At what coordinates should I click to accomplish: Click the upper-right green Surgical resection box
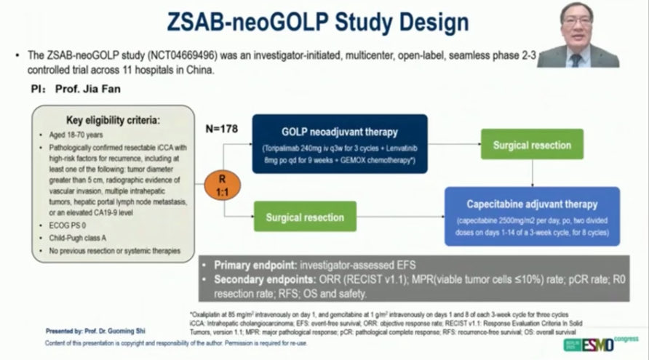pos(531,145)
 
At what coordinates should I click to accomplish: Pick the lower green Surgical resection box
pos(304,217)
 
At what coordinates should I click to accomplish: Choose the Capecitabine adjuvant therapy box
pos(533,216)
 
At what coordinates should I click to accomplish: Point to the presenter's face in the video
pos(576,22)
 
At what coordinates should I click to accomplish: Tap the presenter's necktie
pos(576,60)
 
